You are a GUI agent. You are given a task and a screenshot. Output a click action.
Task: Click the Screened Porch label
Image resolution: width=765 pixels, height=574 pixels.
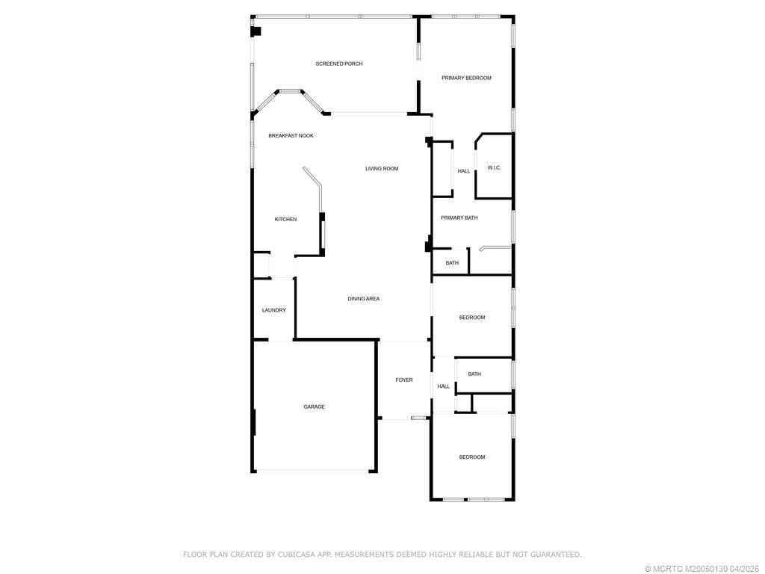click(338, 64)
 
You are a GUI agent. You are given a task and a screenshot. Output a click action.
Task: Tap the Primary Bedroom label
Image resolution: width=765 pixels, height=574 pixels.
click(466, 78)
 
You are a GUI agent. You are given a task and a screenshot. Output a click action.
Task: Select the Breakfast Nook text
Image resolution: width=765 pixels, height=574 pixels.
click(291, 136)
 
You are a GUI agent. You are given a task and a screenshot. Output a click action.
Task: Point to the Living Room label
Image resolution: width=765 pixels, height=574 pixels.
click(382, 169)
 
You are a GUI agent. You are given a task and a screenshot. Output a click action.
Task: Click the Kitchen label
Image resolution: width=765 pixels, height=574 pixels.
click(285, 220)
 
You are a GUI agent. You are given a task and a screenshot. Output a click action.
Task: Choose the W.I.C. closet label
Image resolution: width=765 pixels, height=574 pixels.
click(494, 168)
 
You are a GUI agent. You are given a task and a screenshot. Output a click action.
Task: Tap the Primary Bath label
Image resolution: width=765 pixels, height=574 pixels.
click(459, 218)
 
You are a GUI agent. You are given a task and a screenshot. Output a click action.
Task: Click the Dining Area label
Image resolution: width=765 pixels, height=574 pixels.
click(363, 299)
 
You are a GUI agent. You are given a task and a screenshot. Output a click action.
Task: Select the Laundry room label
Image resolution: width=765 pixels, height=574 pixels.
click(273, 311)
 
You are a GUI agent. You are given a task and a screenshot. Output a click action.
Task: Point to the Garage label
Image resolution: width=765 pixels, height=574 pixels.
click(314, 407)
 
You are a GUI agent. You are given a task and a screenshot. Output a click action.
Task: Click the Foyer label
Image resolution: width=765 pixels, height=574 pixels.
click(404, 380)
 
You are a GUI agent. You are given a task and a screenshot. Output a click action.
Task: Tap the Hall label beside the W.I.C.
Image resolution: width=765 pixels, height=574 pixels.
click(464, 171)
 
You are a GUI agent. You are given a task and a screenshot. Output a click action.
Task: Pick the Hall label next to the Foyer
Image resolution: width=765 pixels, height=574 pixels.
click(444, 386)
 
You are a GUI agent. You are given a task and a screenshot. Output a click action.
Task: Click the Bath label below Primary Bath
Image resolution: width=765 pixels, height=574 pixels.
click(452, 263)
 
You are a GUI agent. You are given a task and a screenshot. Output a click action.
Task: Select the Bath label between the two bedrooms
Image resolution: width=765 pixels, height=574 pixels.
click(474, 374)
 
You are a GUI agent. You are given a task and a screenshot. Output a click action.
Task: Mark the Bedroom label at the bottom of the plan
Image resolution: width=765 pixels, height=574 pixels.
click(471, 457)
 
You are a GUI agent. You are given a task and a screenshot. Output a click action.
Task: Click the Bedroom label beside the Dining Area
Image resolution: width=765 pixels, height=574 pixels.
click(471, 318)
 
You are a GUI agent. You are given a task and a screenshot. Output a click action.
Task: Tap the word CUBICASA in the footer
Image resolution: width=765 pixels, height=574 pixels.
click(297, 555)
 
